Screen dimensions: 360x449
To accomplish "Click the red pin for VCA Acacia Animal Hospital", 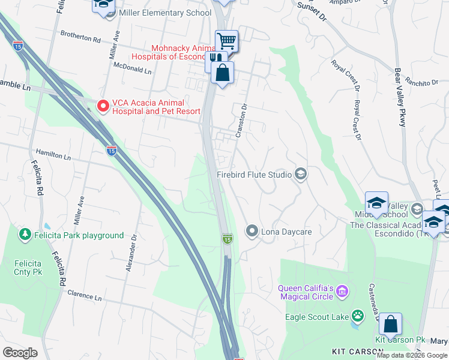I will click(103, 106).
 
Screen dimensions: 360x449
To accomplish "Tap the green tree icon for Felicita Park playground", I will click(25, 233).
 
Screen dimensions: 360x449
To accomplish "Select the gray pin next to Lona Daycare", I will click(252, 231).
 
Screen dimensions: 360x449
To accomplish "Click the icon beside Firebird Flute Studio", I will click(301, 175).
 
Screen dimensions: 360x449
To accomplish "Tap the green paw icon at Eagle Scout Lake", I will click(358, 315).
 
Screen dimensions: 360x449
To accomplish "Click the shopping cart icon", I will click(226, 41).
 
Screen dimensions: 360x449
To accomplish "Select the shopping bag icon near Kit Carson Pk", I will click(390, 324).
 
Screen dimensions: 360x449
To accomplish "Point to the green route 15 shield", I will click(227, 239).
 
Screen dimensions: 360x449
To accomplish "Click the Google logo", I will click(20, 353).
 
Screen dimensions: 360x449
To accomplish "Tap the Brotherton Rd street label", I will click(79, 38).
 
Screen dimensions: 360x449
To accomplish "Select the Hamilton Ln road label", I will click(53, 155).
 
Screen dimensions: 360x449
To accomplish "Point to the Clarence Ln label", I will click(85, 295).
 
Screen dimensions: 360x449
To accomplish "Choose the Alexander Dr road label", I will click(131, 252).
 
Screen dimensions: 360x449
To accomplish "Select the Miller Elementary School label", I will click(166, 13).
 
